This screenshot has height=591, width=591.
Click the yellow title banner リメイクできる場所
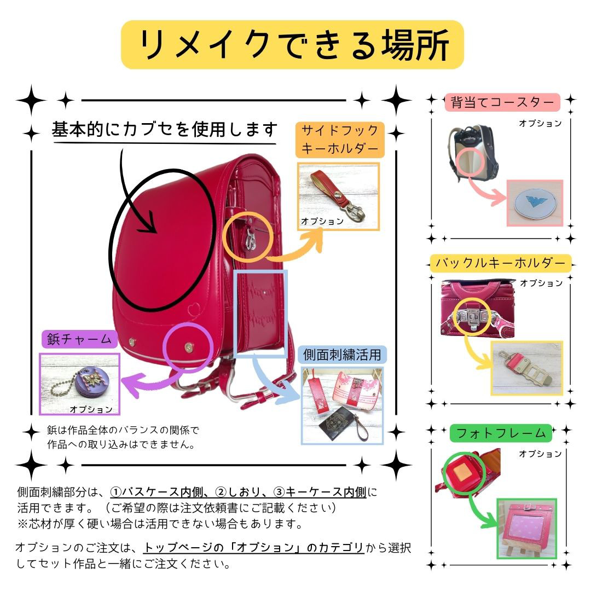click(292, 44)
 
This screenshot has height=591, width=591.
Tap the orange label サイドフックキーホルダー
click(340, 140)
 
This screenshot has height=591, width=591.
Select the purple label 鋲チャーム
click(80, 340)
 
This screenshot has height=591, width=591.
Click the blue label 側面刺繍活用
click(342, 355)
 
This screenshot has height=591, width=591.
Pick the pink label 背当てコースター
click(502, 102)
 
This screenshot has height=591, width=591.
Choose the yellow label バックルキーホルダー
click(500, 263)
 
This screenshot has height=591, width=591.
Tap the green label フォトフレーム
click(501, 433)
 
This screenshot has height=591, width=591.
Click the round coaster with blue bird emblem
click(535, 203)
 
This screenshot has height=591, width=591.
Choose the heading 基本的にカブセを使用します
click(165, 130)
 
